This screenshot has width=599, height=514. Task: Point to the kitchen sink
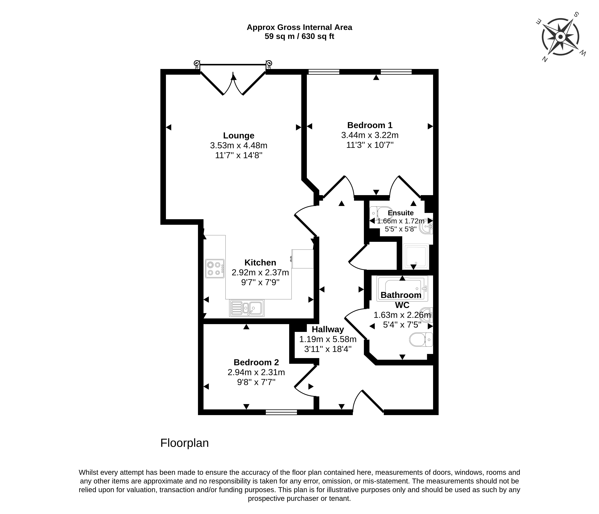tap(247, 308)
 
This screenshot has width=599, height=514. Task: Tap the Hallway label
tap(328, 329)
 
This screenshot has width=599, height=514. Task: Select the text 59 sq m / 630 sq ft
tap(299, 36)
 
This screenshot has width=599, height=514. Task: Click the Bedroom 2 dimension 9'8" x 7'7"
tap(256, 382)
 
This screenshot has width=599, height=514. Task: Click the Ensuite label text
tap(401, 213)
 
